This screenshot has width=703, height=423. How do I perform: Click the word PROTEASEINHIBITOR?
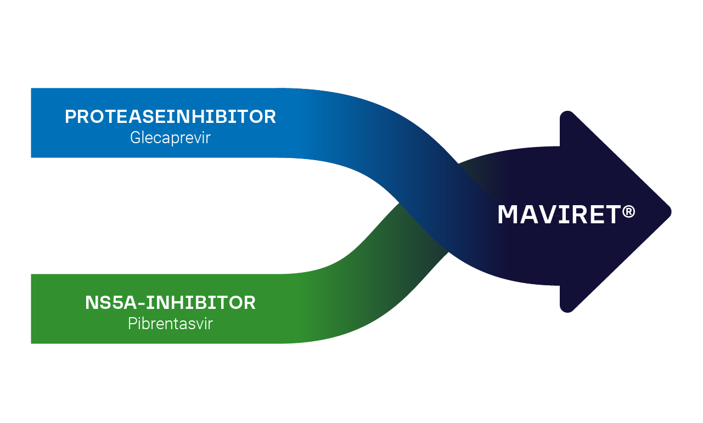click(170, 117)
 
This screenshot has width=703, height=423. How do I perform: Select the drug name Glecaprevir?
click(170, 137)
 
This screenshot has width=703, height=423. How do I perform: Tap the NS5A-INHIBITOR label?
click(170, 303)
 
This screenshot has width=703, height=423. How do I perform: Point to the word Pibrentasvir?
click(170, 324)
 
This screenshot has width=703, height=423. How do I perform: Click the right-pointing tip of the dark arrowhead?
click(670, 212)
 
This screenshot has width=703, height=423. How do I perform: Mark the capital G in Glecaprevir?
click(135, 137)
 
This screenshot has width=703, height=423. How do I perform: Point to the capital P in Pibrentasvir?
click(132, 324)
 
